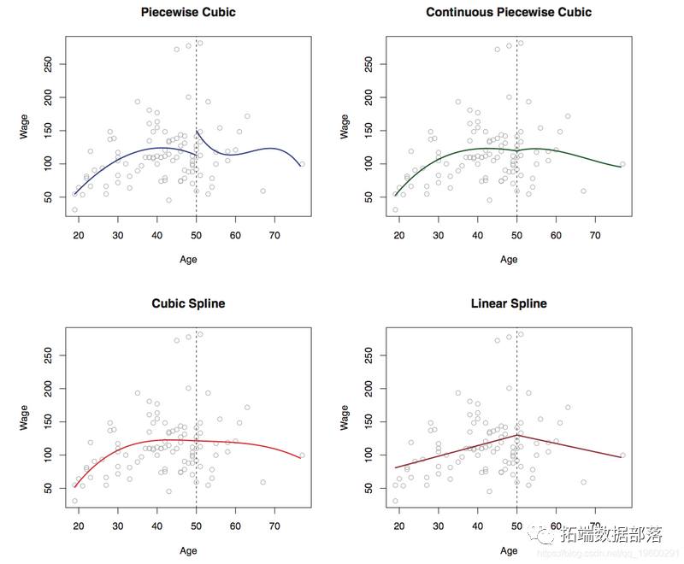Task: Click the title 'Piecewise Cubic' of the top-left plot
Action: click(x=187, y=13)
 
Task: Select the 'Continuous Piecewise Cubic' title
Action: click(x=509, y=13)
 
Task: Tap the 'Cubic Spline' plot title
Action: click(x=187, y=303)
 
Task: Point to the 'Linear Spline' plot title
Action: click(x=509, y=303)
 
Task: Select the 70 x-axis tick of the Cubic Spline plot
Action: click(x=274, y=528)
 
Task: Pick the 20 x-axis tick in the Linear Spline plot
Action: click(x=399, y=528)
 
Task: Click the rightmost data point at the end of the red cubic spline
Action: click(x=302, y=455)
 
